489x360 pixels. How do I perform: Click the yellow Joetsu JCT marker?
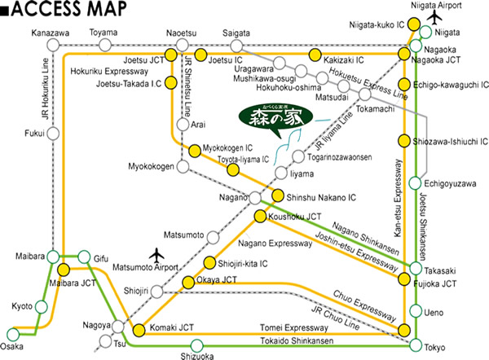[x=171, y=54]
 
